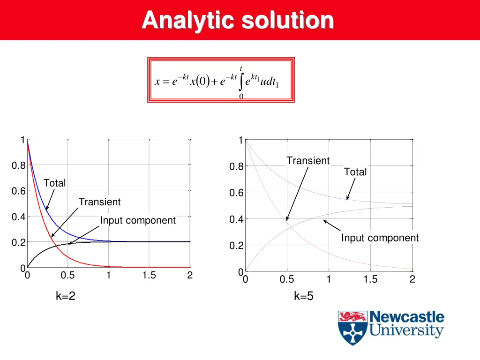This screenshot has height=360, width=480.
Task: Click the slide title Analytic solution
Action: click(x=238, y=20)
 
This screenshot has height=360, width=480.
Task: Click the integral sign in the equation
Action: click(x=241, y=82)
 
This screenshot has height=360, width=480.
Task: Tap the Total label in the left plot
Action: click(x=54, y=183)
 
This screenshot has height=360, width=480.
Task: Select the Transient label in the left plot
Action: click(x=99, y=202)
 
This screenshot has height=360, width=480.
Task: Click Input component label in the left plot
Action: click(x=137, y=220)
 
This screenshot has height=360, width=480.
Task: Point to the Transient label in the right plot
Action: click(x=308, y=161)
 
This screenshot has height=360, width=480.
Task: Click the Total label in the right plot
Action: click(x=355, y=172)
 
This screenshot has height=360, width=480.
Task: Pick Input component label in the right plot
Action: click(x=380, y=238)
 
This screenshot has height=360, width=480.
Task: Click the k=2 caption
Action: click(x=66, y=296)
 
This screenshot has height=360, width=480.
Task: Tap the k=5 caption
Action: click(x=303, y=296)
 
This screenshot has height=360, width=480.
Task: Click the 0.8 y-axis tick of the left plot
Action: click(x=18, y=165)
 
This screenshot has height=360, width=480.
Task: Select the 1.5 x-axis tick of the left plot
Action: click(x=149, y=276)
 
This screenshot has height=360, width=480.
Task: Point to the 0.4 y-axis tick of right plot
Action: click(x=236, y=219)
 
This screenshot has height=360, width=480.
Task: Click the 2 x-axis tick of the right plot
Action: click(x=412, y=280)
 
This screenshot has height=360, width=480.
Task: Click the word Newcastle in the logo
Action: click(x=407, y=317)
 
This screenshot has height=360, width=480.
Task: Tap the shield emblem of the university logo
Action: click(x=352, y=328)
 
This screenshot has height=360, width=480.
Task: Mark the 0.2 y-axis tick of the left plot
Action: click(x=18, y=242)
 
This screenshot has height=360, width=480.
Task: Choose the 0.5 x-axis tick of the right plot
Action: click(x=286, y=280)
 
